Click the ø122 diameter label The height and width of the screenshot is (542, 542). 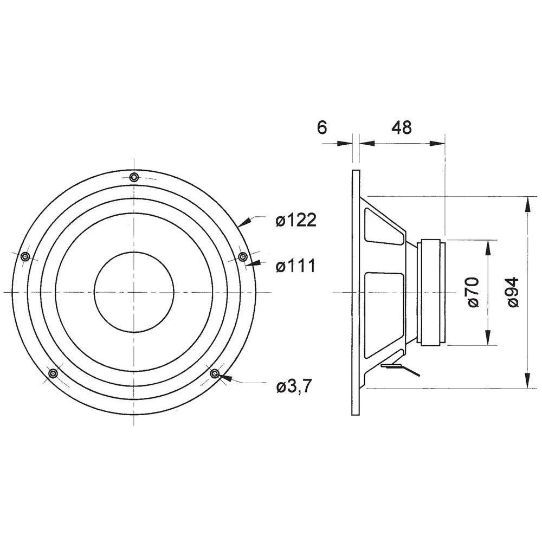tap(295, 221)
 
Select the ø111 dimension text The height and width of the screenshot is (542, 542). tap(295, 266)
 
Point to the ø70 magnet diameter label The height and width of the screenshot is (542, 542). tap(473, 292)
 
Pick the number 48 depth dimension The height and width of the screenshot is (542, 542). tap(401, 127)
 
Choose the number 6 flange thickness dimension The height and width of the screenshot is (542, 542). tap(321, 127)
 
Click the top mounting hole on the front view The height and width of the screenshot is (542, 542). tap(134, 177)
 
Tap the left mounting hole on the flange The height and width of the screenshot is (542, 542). tap(24, 257)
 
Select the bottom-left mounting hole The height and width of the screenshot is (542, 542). tap(53, 373)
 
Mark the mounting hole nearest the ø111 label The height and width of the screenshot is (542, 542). tap(243, 256)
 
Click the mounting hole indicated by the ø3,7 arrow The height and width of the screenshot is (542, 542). tap(214, 373)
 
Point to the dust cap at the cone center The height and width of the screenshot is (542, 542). tap(134, 292)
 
